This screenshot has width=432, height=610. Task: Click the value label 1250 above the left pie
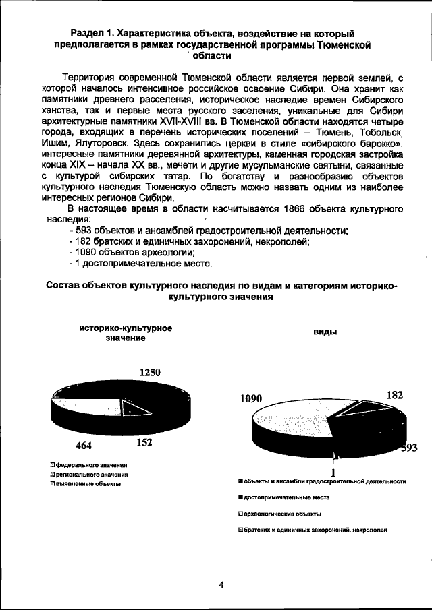[x=150, y=371]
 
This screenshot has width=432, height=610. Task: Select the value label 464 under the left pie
[x=84, y=446]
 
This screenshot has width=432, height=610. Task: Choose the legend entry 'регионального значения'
[x=92, y=475]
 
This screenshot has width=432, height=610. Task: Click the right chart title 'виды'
[x=325, y=333]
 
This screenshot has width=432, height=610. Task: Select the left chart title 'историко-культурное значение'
[x=125, y=333]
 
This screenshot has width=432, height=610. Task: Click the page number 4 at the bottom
[x=221, y=584]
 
